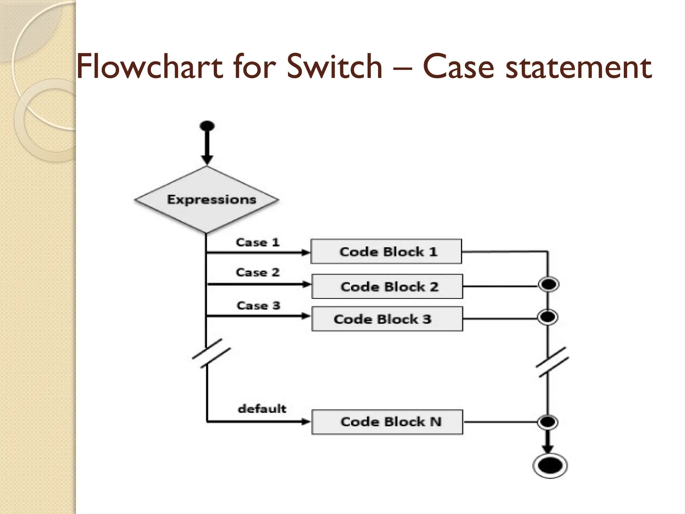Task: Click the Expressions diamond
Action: coord(207,200)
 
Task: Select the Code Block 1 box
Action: coord(386,251)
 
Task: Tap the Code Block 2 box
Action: coord(387,286)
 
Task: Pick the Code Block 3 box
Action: coord(387,319)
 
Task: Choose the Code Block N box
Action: coord(387,422)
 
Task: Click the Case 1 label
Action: coord(257,242)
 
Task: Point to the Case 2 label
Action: coord(257,272)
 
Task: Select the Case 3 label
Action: coord(258,305)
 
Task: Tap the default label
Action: coord(262,409)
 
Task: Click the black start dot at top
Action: coord(207,126)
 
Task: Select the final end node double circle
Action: coord(550,465)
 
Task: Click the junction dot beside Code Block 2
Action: coord(548,285)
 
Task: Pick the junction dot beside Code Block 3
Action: coord(548,317)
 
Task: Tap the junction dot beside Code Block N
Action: coord(548,422)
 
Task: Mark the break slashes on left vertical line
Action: coord(211,353)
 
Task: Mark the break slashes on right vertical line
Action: coord(552,362)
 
